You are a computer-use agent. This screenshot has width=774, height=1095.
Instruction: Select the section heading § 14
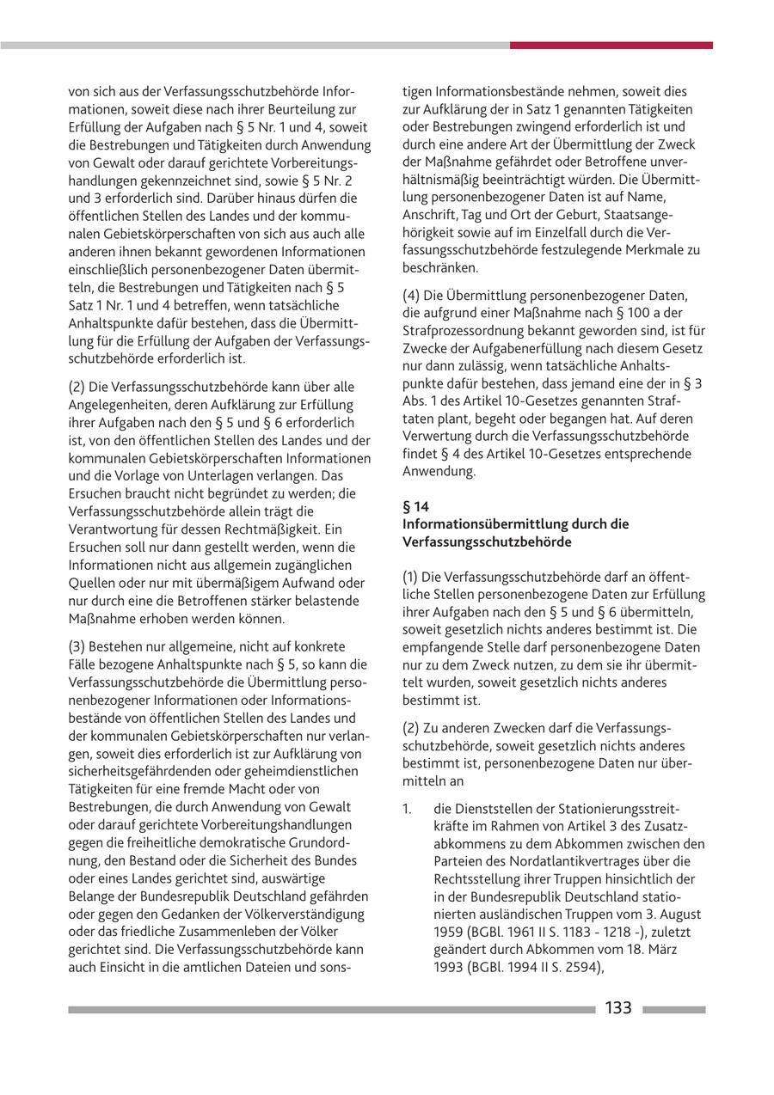[x=416, y=507]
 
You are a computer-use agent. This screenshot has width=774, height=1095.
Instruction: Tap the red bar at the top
[x=611, y=45]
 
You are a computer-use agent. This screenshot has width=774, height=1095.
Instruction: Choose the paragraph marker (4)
[x=412, y=296]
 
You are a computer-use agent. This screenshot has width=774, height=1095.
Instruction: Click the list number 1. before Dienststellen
[x=408, y=809]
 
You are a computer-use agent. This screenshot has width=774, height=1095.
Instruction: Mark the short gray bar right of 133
[x=673, y=1010]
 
